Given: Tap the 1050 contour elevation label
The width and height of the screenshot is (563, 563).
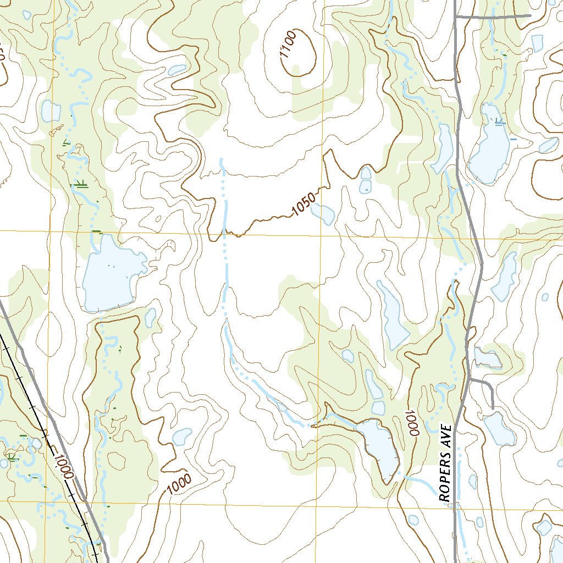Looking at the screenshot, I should [x=304, y=204].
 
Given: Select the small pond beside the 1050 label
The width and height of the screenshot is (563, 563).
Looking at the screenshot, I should [x=323, y=214].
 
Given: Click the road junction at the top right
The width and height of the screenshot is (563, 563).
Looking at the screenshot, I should [x=457, y=18].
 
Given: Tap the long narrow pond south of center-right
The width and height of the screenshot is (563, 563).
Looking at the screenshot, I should [x=393, y=317].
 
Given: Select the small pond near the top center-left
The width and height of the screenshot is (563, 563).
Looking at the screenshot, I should [x=177, y=70].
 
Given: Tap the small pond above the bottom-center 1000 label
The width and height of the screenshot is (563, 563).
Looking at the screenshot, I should [x=181, y=437].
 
